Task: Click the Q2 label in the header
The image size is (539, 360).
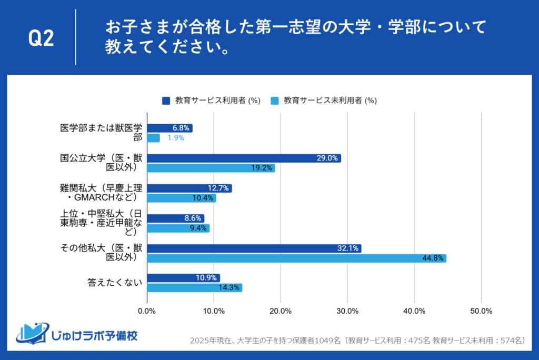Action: click(41, 38)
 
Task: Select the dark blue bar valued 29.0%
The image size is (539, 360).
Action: click(244, 158)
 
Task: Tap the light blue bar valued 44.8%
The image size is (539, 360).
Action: click(296, 258)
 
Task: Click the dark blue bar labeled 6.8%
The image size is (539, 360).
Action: click(169, 128)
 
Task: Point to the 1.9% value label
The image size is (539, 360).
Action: click(175, 138)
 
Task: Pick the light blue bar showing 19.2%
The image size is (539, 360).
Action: click(211, 168)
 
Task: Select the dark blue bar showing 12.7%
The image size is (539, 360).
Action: click(189, 188)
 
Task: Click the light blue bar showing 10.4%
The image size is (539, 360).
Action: click(181, 198)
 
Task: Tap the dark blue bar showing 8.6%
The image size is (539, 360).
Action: click(175, 218)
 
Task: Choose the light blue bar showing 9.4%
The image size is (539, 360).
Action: click(178, 228)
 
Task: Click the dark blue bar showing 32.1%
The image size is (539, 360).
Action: click(254, 248)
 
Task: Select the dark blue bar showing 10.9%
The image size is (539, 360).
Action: click(183, 278)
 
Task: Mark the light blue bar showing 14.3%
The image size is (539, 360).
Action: click(194, 288)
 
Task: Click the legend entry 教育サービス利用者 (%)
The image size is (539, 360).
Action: click(212, 100)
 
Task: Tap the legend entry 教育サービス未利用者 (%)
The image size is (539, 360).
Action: click(323, 100)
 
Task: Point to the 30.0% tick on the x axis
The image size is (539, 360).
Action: click(347, 311)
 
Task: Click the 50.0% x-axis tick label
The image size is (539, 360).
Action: click(481, 311)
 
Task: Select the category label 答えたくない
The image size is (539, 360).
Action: click(115, 283)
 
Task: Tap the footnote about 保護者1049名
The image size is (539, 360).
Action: click(357, 341)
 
